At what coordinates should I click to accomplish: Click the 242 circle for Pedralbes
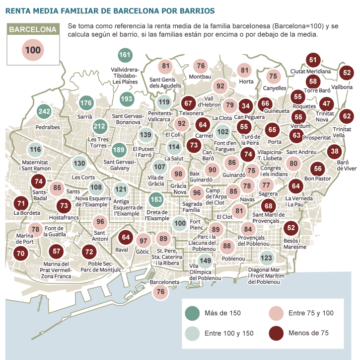tap(45, 111)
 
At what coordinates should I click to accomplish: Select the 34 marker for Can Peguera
tap(245, 105)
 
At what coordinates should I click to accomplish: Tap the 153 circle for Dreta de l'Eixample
tap(156, 200)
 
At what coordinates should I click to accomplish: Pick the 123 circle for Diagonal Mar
tap(267, 258)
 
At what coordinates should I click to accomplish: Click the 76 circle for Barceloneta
tap(160, 292)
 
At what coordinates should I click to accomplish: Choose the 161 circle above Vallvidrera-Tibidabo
tap(125, 55)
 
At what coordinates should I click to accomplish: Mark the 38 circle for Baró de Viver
tap(335, 151)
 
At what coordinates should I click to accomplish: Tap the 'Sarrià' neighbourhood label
tap(86, 117)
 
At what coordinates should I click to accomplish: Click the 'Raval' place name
tap(122, 250)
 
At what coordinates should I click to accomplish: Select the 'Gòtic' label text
tap(143, 253)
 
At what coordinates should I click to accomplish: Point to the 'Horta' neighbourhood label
tap(246, 82)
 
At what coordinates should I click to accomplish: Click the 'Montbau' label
tap(200, 77)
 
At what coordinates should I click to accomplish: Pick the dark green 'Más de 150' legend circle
tap(192, 313)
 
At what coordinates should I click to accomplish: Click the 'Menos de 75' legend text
tap(309, 333)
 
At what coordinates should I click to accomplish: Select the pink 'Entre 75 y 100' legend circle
tap(277, 313)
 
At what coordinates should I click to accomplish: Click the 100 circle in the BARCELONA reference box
tap(32, 50)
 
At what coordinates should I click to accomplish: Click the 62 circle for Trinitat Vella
tap(347, 116)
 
